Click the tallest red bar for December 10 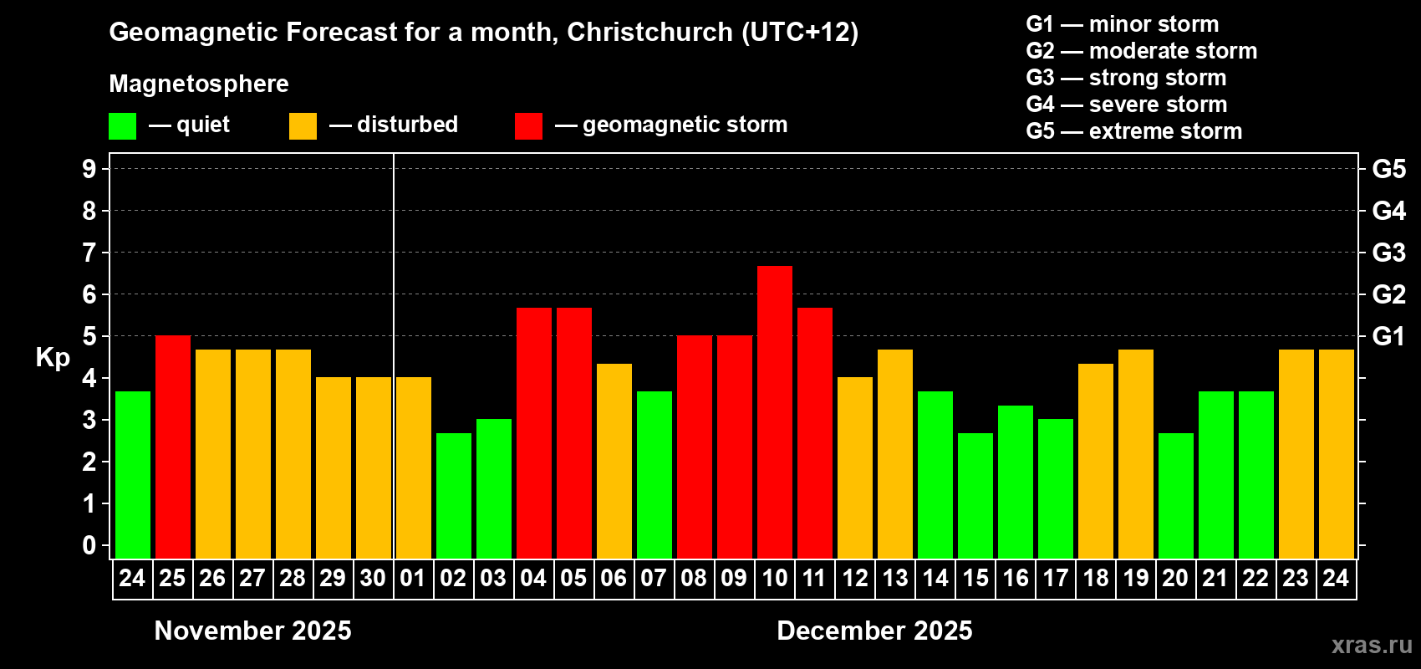click(775, 411)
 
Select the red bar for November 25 click(173, 447)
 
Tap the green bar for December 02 click(454, 495)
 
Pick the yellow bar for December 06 click(614, 461)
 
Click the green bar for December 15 click(975, 495)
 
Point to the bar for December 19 click(1136, 453)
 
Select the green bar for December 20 click(1176, 495)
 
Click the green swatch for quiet click(123, 126)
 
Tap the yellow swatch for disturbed click(303, 126)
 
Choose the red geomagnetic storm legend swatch click(528, 126)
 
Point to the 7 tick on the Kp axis click(89, 253)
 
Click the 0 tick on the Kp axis click(89, 546)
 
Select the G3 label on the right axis click(1388, 253)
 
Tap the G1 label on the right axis click(1388, 336)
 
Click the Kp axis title click(53, 358)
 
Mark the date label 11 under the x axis click(814, 578)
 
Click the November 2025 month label click(253, 631)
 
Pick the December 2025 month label click(874, 631)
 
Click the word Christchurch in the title click(649, 32)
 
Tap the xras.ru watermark click(1372, 645)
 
